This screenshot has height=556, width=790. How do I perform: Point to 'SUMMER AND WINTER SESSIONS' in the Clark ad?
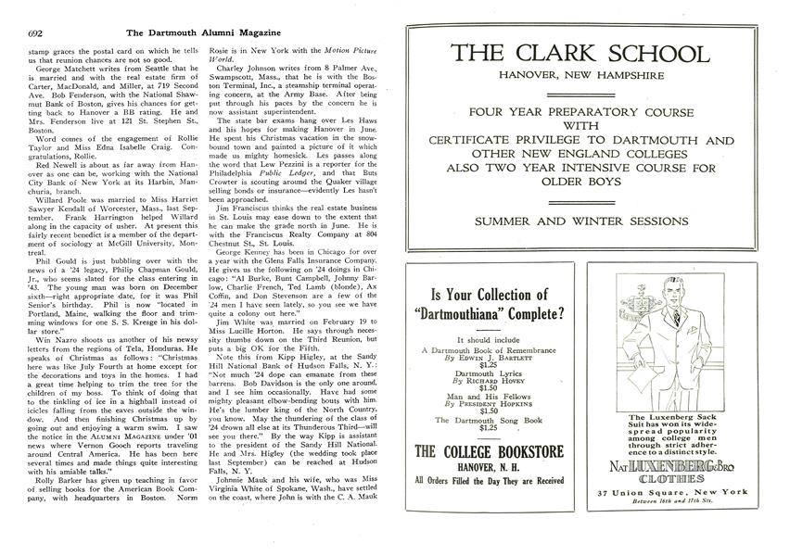(580, 221)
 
